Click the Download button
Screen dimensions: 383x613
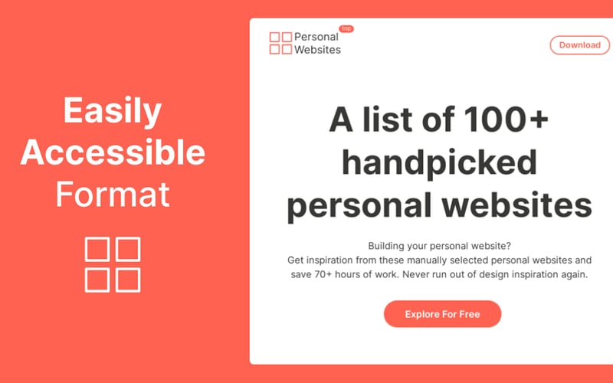(x=579, y=44)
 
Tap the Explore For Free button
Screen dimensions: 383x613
(x=442, y=313)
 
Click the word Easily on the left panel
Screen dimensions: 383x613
(x=113, y=112)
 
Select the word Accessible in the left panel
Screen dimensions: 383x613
(x=113, y=153)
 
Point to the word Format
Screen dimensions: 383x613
(x=113, y=195)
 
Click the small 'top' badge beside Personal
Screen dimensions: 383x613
(x=346, y=28)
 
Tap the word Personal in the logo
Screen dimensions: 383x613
(x=316, y=37)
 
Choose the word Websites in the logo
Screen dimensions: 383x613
(x=318, y=50)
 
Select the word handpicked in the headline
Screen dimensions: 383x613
(x=439, y=163)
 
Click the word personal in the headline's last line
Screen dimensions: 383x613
(x=359, y=205)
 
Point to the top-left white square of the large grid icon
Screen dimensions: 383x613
(x=97, y=249)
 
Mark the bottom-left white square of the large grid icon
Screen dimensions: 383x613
(x=97, y=279)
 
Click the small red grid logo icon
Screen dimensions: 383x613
(x=280, y=43)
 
